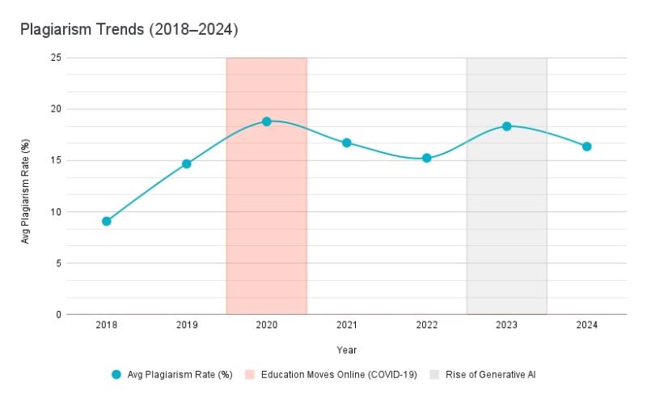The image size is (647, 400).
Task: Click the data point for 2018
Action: (107, 221)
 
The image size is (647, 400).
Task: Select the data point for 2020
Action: (267, 121)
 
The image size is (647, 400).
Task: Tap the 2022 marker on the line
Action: (427, 158)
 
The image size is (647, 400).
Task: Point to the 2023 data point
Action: (507, 126)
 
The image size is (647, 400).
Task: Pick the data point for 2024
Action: (587, 147)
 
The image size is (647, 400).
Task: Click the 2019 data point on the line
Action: (187, 164)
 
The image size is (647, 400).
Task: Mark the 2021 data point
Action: (347, 143)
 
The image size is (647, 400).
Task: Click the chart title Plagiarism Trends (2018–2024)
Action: (129, 29)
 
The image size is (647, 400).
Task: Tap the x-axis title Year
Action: (347, 350)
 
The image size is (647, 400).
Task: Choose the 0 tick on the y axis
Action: (57, 314)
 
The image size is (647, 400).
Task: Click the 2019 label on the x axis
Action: (187, 325)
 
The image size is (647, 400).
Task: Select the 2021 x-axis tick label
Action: (347, 325)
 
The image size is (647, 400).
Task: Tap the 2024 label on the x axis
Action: (587, 325)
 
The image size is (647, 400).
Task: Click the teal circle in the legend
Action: (117, 375)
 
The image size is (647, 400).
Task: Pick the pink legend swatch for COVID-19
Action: (250, 375)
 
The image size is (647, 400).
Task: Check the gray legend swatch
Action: (434, 375)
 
